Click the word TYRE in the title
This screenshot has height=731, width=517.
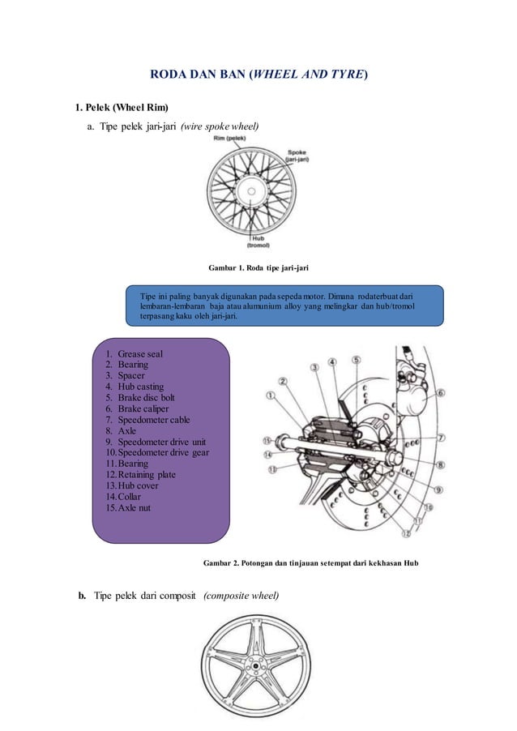348,75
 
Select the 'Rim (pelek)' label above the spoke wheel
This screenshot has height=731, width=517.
230,139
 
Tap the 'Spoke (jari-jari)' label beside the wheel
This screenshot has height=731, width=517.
304,157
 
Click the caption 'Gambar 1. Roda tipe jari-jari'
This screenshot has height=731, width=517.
258,266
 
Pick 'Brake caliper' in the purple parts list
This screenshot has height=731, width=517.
148,409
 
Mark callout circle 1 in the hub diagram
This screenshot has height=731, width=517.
271,395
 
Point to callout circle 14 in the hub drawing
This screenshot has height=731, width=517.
268,455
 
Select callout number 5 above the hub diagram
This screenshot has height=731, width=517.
356,360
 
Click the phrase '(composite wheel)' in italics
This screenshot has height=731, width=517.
241,597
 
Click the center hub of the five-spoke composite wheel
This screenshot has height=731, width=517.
258,667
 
